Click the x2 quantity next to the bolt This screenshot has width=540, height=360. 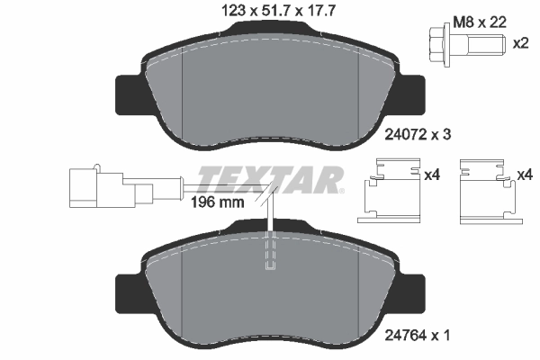click(520, 43)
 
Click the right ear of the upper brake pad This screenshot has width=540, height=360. click(415, 89)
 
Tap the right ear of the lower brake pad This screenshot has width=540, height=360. click(415, 290)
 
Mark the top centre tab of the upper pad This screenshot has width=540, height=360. click(270, 27)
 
